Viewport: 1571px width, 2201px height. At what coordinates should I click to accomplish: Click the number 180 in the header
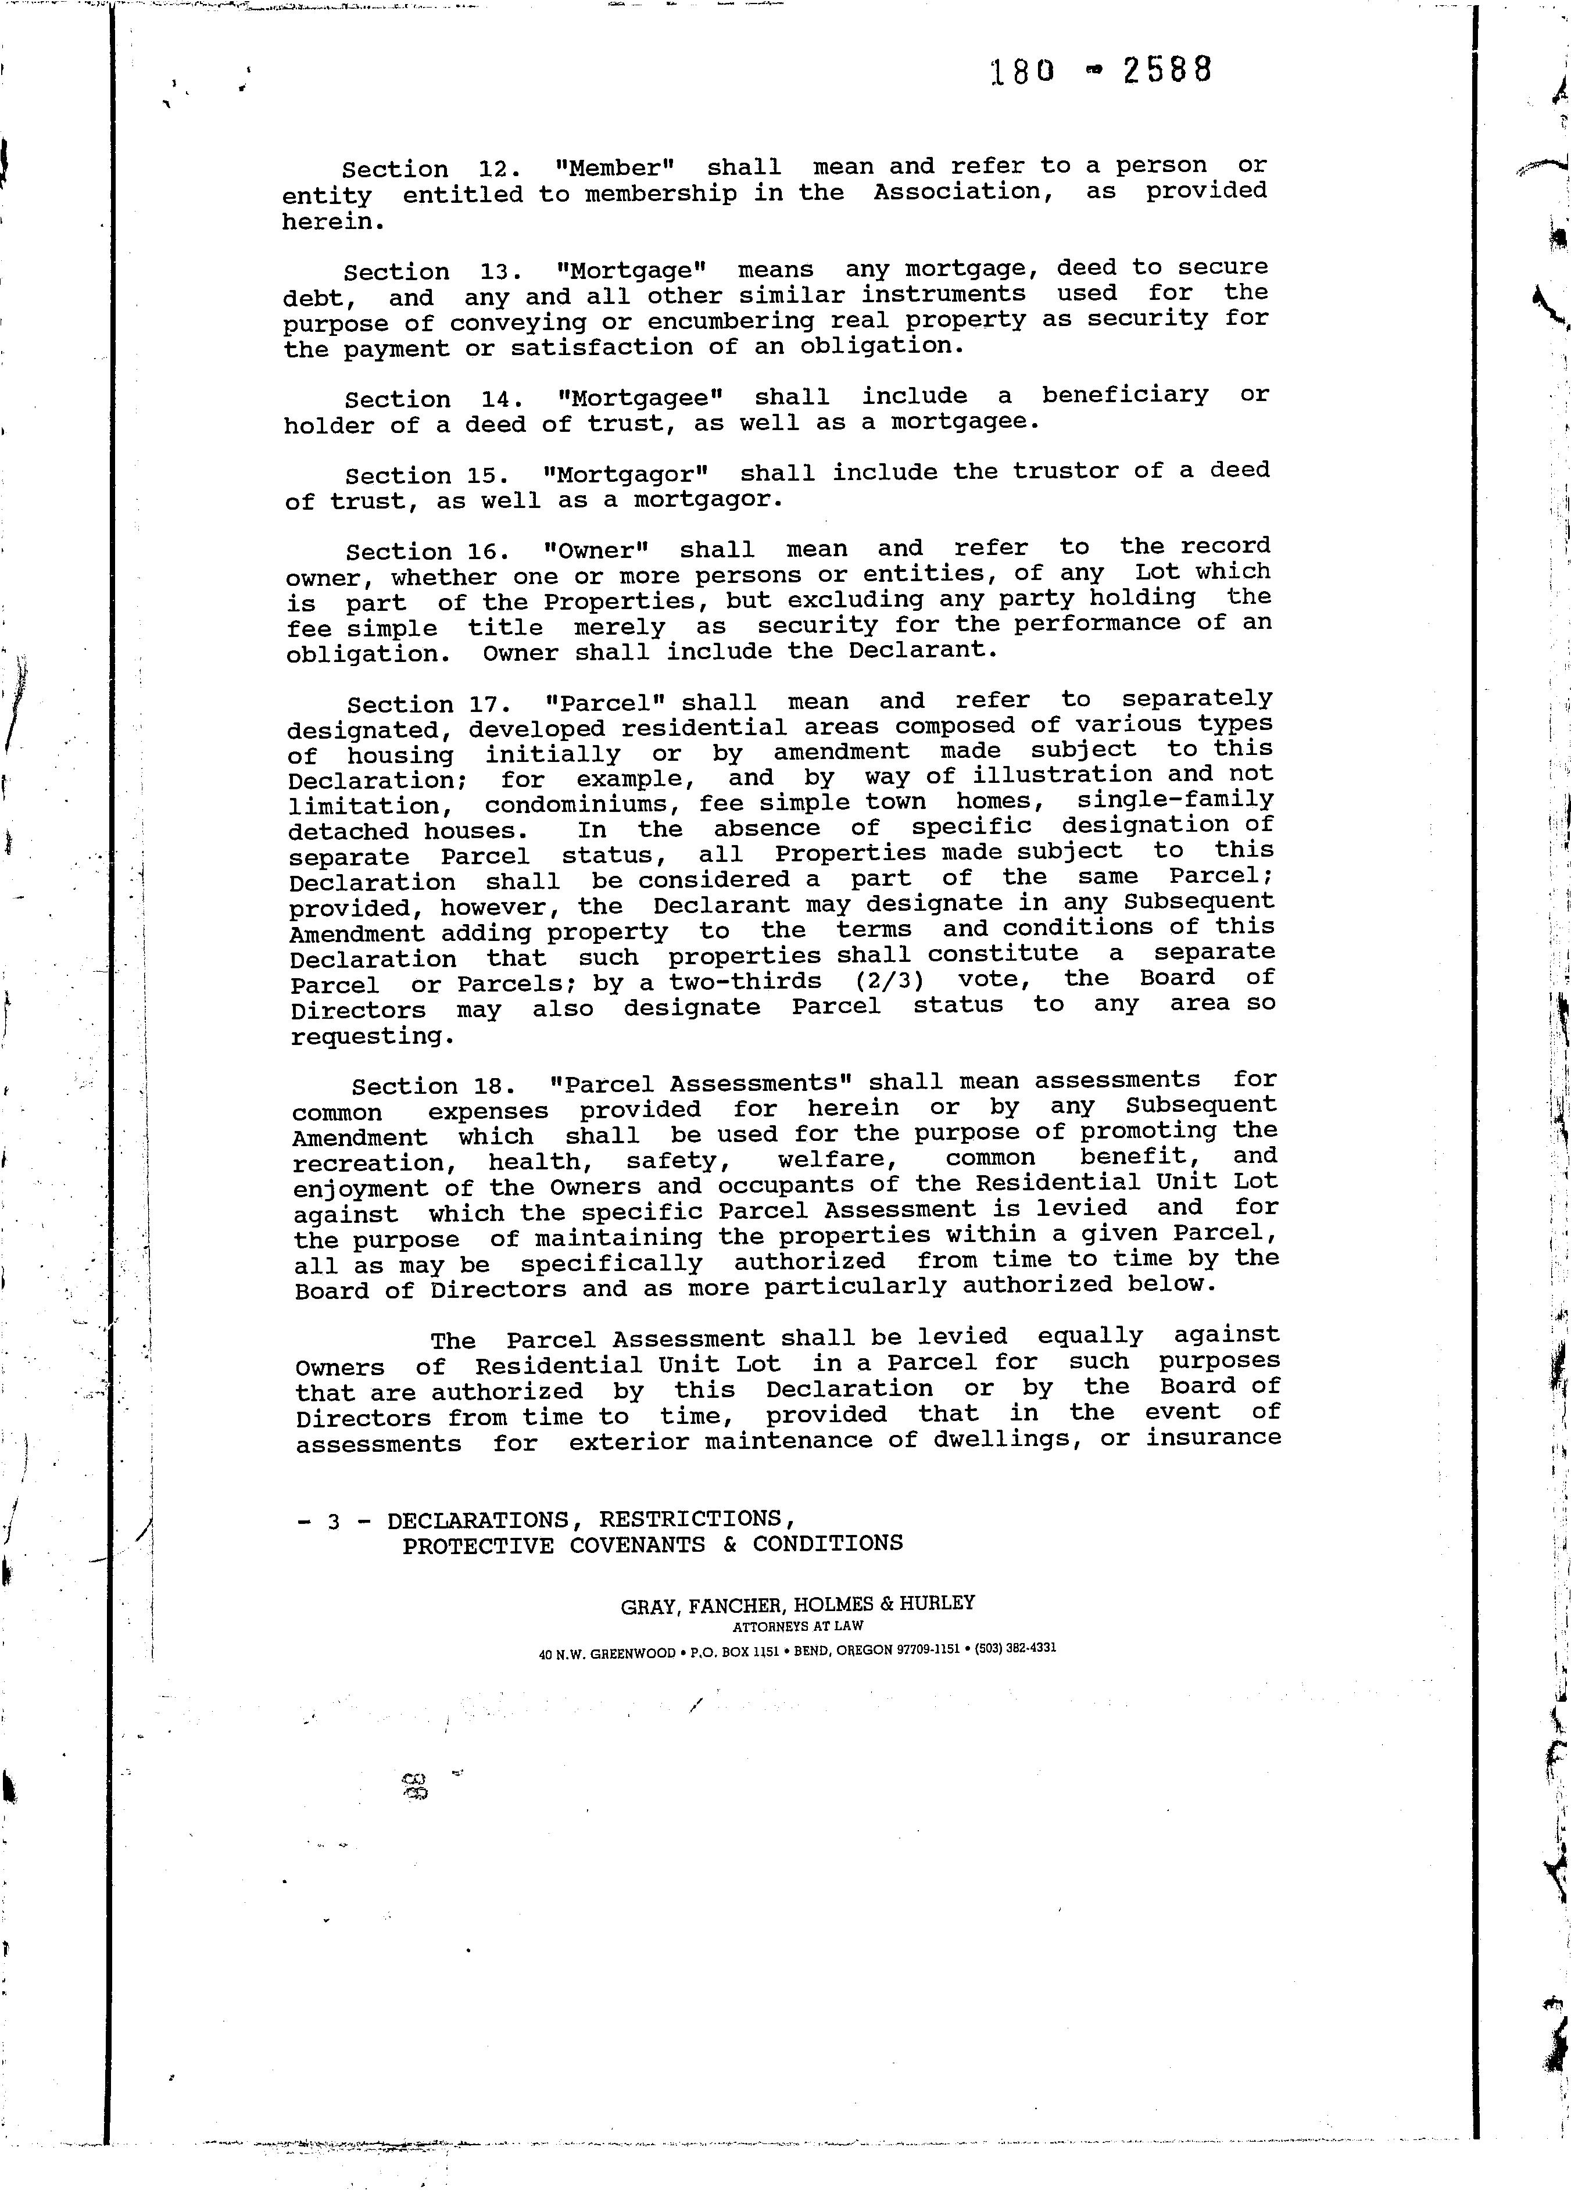click(x=1022, y=73)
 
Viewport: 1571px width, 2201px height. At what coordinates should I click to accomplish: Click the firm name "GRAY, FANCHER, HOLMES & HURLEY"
click(x=797, y=1604)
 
